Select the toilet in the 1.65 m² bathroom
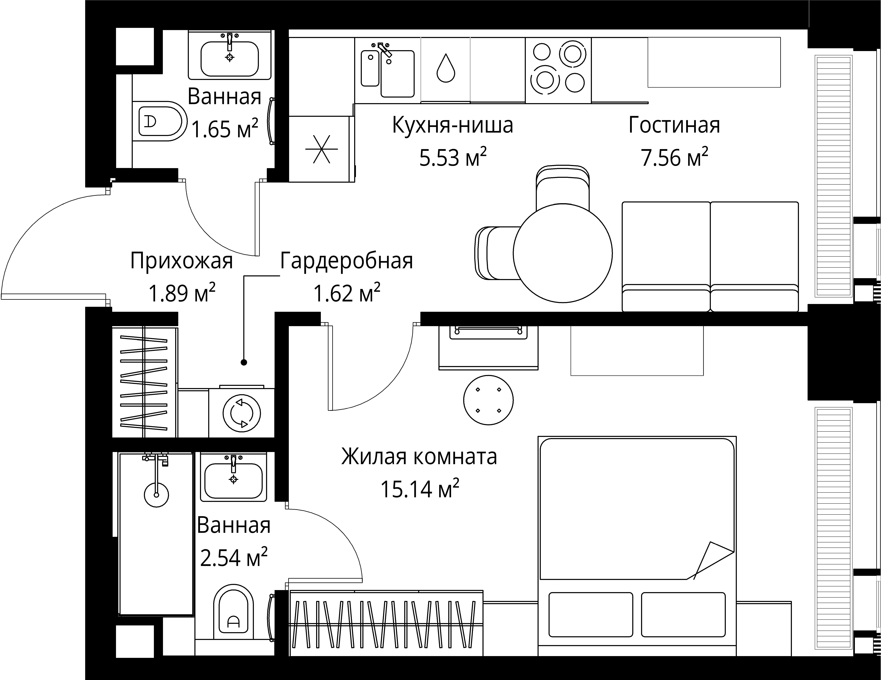click(159, 121)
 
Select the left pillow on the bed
click(591, 614)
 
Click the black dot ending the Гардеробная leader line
click(244, 362)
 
